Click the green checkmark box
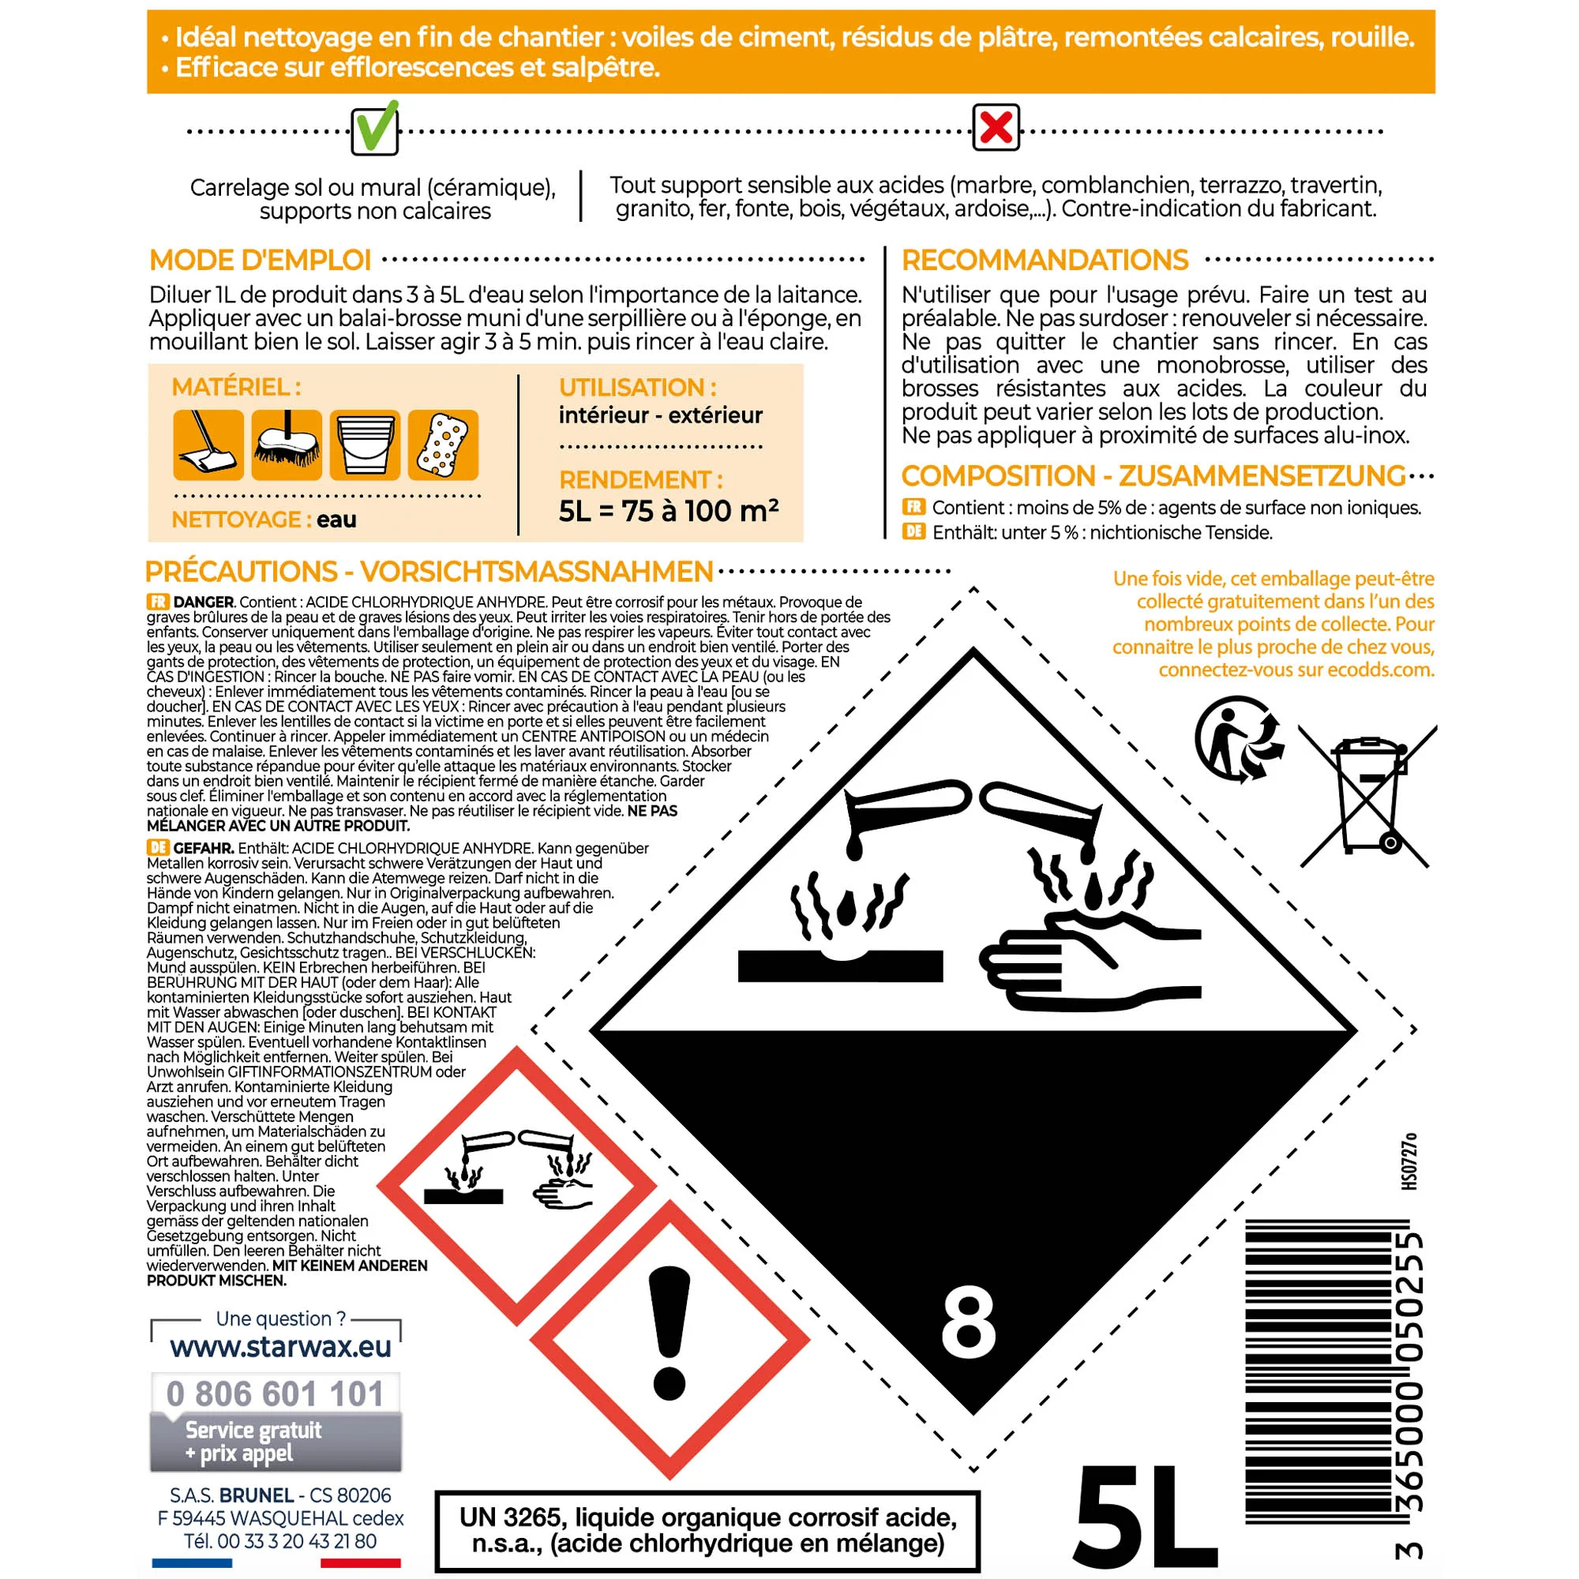[x=375, y=129]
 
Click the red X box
[x=996, y=127]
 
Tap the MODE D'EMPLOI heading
[x=260, y=260]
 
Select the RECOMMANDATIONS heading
[x=1044, y=260]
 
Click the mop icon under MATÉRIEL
[x=208, y=444]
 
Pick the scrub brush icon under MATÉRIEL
[x=287, y=444]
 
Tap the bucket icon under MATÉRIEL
[x=365, y=444]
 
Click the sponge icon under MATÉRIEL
[x=443, y=444]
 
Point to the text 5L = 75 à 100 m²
[x=668, y=511]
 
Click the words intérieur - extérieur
[x=660, y=415]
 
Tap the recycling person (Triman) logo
[x=1237, y=739]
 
